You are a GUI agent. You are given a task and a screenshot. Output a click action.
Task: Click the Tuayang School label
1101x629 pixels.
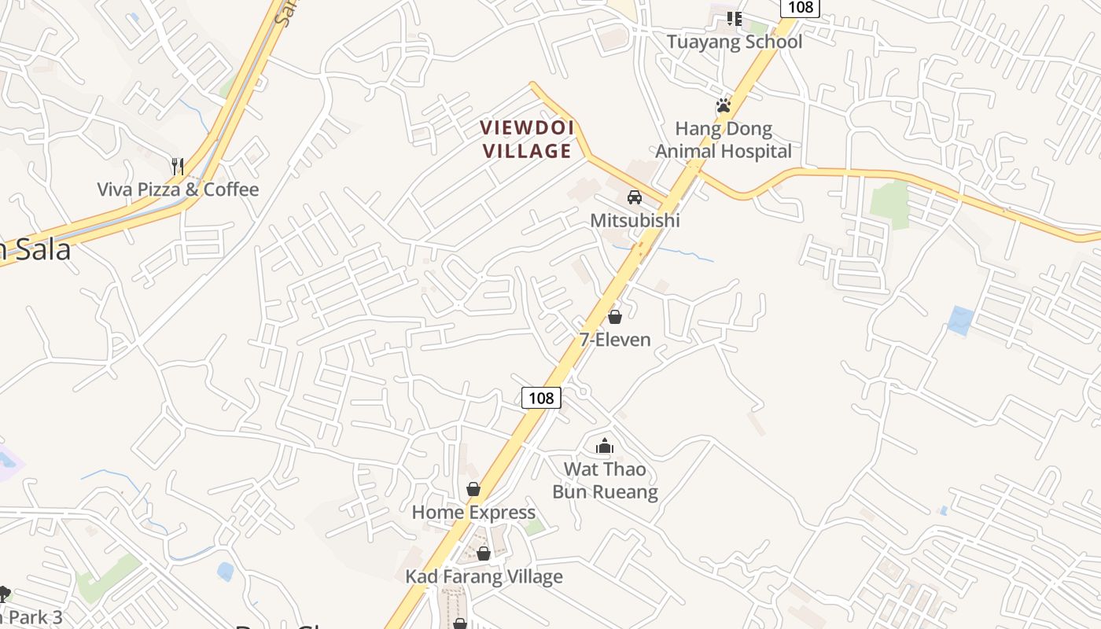point(735,42)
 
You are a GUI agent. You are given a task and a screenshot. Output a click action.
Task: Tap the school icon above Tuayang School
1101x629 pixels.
point(735,18)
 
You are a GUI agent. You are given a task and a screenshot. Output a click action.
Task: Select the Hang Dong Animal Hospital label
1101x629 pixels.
point(724,140)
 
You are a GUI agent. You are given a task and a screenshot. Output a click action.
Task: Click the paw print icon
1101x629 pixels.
point(724,105)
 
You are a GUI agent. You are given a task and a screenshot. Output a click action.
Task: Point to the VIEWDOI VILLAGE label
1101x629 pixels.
point(528,139)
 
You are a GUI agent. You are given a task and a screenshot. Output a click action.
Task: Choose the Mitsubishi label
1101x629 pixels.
point(635,220)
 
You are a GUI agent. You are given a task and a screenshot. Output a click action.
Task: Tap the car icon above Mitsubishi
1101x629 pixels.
point(635,197)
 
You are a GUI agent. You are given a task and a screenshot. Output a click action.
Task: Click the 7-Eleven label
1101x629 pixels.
point(615,340)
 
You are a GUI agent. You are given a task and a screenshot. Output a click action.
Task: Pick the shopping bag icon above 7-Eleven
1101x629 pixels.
point(615,317)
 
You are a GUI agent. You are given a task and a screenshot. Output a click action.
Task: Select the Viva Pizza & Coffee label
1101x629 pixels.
point(178,189)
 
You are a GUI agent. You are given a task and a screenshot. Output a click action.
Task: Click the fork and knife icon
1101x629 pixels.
point(178,166)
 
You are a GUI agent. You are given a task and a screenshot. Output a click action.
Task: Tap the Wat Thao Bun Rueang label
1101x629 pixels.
point(605,480)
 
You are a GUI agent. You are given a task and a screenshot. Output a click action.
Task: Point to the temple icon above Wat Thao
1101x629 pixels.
point(604,447)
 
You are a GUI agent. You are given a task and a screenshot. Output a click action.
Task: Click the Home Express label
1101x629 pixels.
point(473,513)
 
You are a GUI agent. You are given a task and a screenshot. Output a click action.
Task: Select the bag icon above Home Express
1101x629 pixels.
point(473,490)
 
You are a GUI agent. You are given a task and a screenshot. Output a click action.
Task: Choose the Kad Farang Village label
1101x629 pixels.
point(484,576)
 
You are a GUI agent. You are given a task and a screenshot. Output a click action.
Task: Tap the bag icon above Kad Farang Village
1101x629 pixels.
point(484,554)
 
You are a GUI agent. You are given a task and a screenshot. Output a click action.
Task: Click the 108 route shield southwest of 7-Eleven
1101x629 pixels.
point(541,398)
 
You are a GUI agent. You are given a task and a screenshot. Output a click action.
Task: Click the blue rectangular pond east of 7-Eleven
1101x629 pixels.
point(960,320)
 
